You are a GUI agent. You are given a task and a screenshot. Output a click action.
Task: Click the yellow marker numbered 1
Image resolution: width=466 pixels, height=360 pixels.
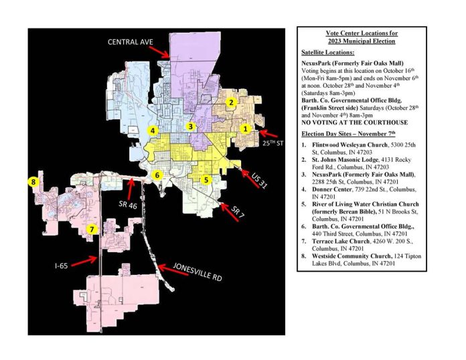point(245,128)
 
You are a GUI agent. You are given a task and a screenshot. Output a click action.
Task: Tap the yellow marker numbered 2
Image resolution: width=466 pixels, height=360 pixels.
point(230,102)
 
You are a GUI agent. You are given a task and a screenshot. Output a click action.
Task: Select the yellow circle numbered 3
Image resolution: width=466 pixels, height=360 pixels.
point(191,126)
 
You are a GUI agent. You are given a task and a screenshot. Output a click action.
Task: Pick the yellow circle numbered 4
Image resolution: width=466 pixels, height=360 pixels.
point(153,130)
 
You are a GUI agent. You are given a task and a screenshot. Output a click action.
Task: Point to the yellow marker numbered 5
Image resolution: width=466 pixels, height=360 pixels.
point(207,179)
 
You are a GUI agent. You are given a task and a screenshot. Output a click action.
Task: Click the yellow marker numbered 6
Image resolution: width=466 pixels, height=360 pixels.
point(157,175)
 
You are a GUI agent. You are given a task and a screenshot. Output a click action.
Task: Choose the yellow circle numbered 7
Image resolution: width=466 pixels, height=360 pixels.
point(92,230)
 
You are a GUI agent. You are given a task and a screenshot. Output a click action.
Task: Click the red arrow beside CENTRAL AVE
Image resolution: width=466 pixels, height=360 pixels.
point(159,50)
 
